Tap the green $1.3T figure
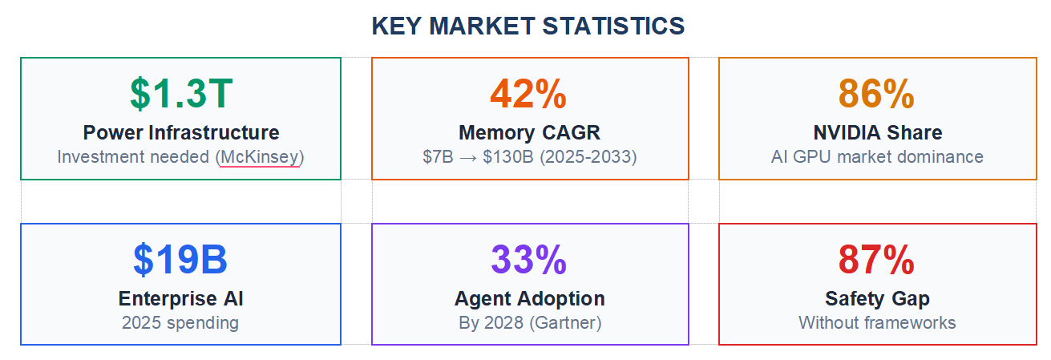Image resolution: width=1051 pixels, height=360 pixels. click(x=181, y=94)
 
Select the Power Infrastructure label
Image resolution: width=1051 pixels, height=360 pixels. click(x=181, y=132)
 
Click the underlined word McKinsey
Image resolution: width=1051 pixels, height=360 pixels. click(x=260, y=156)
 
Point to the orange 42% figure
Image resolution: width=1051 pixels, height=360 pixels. click(x=529, y=94)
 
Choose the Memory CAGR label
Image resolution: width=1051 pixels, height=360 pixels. click(x=529, y=132)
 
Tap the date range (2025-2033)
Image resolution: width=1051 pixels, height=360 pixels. click(x=588, y=156)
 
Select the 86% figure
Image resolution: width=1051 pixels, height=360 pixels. click(x=876, y=94)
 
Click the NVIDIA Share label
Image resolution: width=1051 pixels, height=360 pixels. click(x=877, y=132)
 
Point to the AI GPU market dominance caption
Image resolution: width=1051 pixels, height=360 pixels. click(x=877, y=156)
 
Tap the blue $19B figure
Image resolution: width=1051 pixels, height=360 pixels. click(x=180, y=259)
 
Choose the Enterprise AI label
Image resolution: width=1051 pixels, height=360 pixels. click(x=180, y=299)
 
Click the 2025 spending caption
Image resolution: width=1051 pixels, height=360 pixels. click(x=180, y=323)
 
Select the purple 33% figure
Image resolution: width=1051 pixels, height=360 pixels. click(x=529, y=259)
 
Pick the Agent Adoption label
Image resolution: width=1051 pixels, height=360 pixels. click(x=529, y=299)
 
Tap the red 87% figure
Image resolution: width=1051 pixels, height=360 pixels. click(x=876, y=259)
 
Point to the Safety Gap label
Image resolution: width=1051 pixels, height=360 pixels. click(x=877, y=299)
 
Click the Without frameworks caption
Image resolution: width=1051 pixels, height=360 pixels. click(x=877, y=323)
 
